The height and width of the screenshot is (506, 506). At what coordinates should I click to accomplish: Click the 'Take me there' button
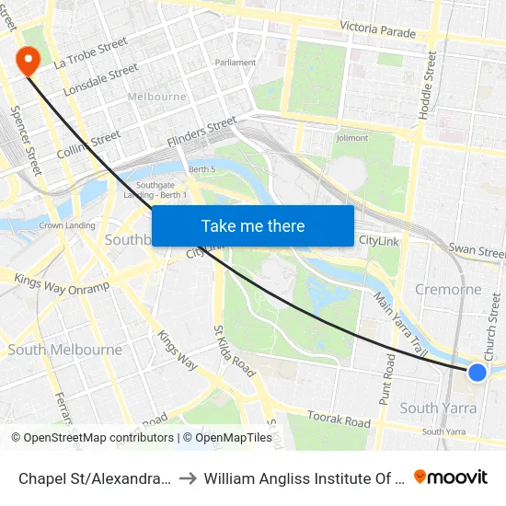(x=253, y=226)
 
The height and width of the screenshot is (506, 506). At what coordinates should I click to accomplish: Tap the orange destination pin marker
(x=29, y=61)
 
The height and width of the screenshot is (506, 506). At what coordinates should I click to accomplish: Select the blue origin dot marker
(x=477, y=372)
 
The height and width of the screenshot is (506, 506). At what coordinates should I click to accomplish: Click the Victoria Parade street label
(x=377, y=30)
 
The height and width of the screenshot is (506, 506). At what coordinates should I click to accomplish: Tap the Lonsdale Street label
(x=100, y=80)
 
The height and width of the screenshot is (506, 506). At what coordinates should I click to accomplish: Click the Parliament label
(x=236, y=63)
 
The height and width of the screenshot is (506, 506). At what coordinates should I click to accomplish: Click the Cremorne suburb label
(x=448, y=289)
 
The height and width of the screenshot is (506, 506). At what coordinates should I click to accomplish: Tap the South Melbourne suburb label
(x=64, y=350)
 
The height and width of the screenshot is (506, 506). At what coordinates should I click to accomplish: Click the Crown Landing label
(x=66, y=225)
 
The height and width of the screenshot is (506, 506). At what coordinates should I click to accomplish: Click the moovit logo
(x=451, y=477)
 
